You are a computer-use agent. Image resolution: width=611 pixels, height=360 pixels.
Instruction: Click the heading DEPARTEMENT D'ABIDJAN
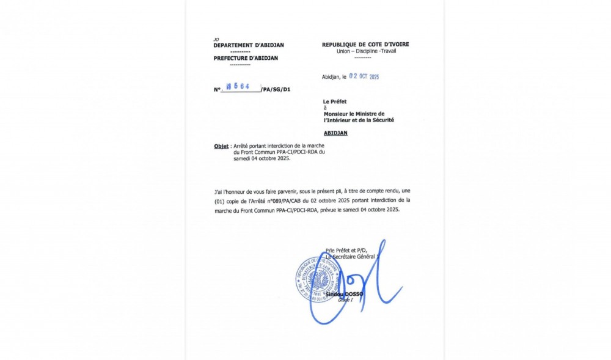click(248, 45)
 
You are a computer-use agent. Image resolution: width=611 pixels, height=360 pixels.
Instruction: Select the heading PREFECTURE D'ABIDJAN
click(246, 58)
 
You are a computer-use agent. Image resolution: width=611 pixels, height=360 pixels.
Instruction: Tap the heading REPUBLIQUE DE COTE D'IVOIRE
click(365, 45)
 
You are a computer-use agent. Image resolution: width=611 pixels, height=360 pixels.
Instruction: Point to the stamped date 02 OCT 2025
click(364, 77)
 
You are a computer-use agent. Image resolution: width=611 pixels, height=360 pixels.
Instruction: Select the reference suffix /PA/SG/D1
click(276, 90)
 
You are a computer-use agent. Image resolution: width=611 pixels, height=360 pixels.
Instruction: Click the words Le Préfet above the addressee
click(335, 101)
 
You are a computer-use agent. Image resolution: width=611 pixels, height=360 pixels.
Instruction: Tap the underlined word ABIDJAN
click(335, 133)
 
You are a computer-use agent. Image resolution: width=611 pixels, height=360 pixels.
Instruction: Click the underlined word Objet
click(221, 147)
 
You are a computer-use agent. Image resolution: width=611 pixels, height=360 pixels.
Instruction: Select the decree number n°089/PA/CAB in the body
click(293, 200)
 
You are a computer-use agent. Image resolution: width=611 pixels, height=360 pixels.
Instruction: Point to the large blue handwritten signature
click(360, 287)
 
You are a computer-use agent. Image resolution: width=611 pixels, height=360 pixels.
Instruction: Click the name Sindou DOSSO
click(344, 294)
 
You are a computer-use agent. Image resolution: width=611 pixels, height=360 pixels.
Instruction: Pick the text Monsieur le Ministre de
click(354, 114)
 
